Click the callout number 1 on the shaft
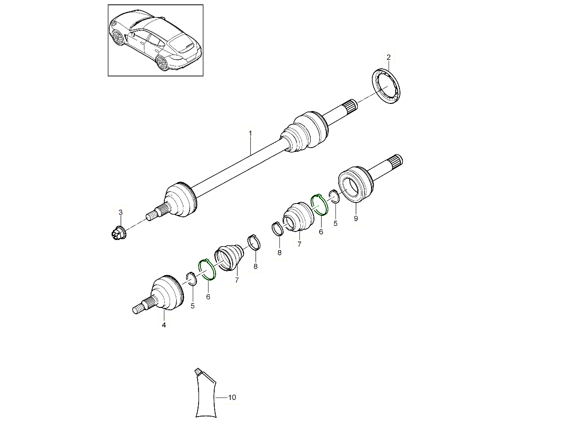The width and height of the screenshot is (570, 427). pos(250,134)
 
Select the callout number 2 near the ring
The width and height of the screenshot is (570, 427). pos(389,58)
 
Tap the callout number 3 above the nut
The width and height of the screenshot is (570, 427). pos(121,212)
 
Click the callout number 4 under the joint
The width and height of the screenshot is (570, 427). pos(163,325)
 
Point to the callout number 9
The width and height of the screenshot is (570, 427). pos(356,218)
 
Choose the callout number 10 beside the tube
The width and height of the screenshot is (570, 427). pos(232,398)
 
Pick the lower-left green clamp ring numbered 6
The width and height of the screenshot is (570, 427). pos(207,269)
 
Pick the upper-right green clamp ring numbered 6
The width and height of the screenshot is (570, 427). pos(319,204)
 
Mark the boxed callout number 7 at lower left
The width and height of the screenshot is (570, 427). pos(237,281)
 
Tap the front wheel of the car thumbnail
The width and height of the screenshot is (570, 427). pos(118,38)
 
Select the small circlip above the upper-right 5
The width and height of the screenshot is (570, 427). pos(334,196)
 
